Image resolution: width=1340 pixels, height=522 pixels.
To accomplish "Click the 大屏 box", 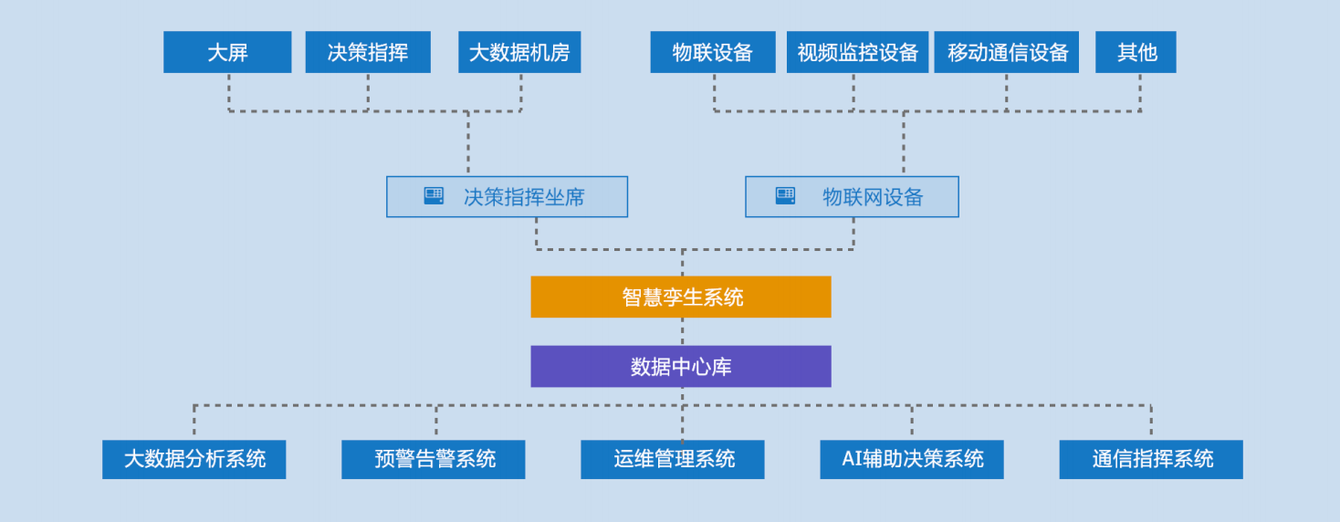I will coord(227,52).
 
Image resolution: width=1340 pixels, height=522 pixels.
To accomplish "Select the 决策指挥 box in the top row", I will coord(368,52).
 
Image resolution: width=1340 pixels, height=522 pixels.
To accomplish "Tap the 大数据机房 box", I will coord(519,52).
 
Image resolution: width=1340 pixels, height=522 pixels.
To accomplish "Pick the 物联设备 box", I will coord(713,52).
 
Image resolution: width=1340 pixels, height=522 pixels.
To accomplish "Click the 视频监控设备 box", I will coord(857,52).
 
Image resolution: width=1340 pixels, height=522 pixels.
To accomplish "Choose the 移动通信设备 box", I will coord(1006,52).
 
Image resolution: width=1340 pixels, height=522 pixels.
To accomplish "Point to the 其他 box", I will coord(1136,52).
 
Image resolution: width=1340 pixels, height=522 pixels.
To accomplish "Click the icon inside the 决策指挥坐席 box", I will coord(434,196).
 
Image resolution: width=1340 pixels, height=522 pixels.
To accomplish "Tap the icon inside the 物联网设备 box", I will coord(785,196).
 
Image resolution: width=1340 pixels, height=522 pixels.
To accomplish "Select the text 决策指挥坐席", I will coord(524,197).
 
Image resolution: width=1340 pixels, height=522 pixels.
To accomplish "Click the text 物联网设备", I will coord(873,197).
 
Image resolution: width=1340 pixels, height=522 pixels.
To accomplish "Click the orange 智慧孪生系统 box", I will coord(681,297).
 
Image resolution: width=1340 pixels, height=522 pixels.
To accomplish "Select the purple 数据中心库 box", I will coord(681,366).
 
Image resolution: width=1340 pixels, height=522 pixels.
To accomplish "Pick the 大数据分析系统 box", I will coord(194,459).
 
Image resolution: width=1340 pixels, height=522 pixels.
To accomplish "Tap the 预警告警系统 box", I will coord(434,459).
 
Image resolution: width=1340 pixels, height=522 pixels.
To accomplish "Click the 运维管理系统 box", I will coord(673,459).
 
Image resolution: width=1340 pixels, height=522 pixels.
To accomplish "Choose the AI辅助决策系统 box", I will coord(912,459).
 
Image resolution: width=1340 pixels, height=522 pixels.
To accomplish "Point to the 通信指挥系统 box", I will coord(1151,459).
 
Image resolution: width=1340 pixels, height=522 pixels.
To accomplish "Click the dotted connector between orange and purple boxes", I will coord(682,331).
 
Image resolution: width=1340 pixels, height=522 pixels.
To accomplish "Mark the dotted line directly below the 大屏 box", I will coord(229,91).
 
